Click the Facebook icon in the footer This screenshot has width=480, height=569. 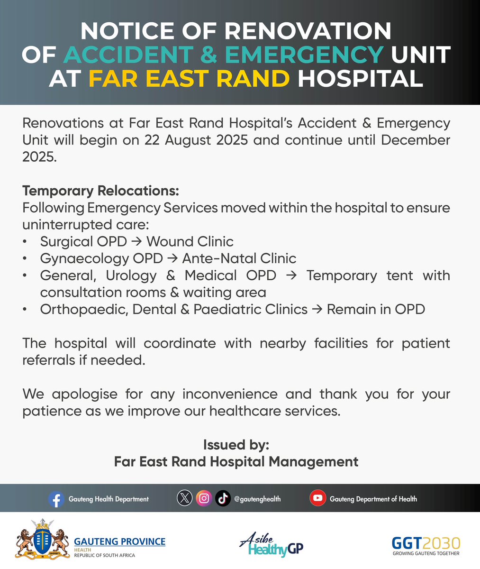[56, 499]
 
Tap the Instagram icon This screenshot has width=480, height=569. [204, 498]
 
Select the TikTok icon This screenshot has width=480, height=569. [223, 498]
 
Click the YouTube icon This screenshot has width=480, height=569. [317, 498]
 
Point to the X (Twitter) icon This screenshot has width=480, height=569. [185, 498]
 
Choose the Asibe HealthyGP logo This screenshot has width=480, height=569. [271, 544]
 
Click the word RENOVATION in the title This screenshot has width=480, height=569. [308, 32]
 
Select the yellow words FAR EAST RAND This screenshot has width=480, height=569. [189, 78]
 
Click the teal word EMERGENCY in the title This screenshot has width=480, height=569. [304, 55]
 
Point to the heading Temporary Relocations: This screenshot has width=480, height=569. [100, 191]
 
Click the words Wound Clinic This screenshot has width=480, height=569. [190, 241]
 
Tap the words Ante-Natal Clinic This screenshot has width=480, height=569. [239, 258]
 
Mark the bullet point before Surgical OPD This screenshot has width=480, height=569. [25, 242]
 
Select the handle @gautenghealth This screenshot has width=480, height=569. [257, 499]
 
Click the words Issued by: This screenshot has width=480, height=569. [236, 445]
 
